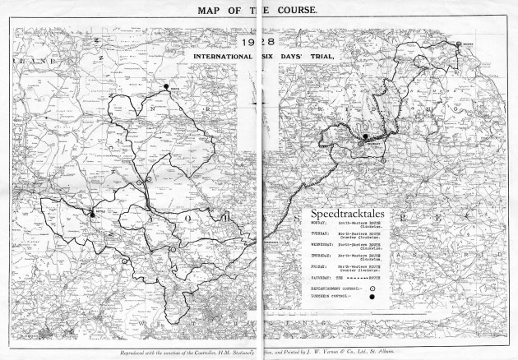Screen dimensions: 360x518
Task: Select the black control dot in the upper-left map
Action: tap(165, 85)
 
